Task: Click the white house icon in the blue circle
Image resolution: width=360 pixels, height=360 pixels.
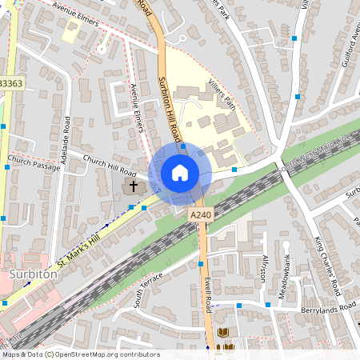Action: [180, 173]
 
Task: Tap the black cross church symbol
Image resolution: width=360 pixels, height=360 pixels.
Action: [133, 186]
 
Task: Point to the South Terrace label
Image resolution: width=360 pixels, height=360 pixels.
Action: [148, 289]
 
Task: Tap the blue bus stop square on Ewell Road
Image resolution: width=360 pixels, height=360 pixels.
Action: [200, 263]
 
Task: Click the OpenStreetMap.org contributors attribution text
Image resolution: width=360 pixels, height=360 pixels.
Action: [104, 354]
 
